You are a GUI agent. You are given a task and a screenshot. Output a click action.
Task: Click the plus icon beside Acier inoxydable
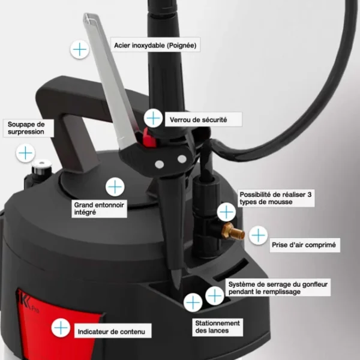point(79,49)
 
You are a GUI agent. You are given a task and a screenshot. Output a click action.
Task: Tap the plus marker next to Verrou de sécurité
point(154,118)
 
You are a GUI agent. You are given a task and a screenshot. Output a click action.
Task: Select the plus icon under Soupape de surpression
point(25,154)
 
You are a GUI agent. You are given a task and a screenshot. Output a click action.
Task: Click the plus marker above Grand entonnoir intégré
point(115,186)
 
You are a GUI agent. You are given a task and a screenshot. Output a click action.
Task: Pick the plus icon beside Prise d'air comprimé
point(258,235)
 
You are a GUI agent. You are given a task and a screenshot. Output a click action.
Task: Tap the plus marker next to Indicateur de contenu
point(61,328)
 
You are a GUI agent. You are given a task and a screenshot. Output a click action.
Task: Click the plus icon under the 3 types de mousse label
point(226,212)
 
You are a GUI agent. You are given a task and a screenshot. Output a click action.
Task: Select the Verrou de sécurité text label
point(198,119)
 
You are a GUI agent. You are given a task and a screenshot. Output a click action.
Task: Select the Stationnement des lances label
point(217,327)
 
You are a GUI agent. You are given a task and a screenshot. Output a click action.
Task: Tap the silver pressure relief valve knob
point(43,164)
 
